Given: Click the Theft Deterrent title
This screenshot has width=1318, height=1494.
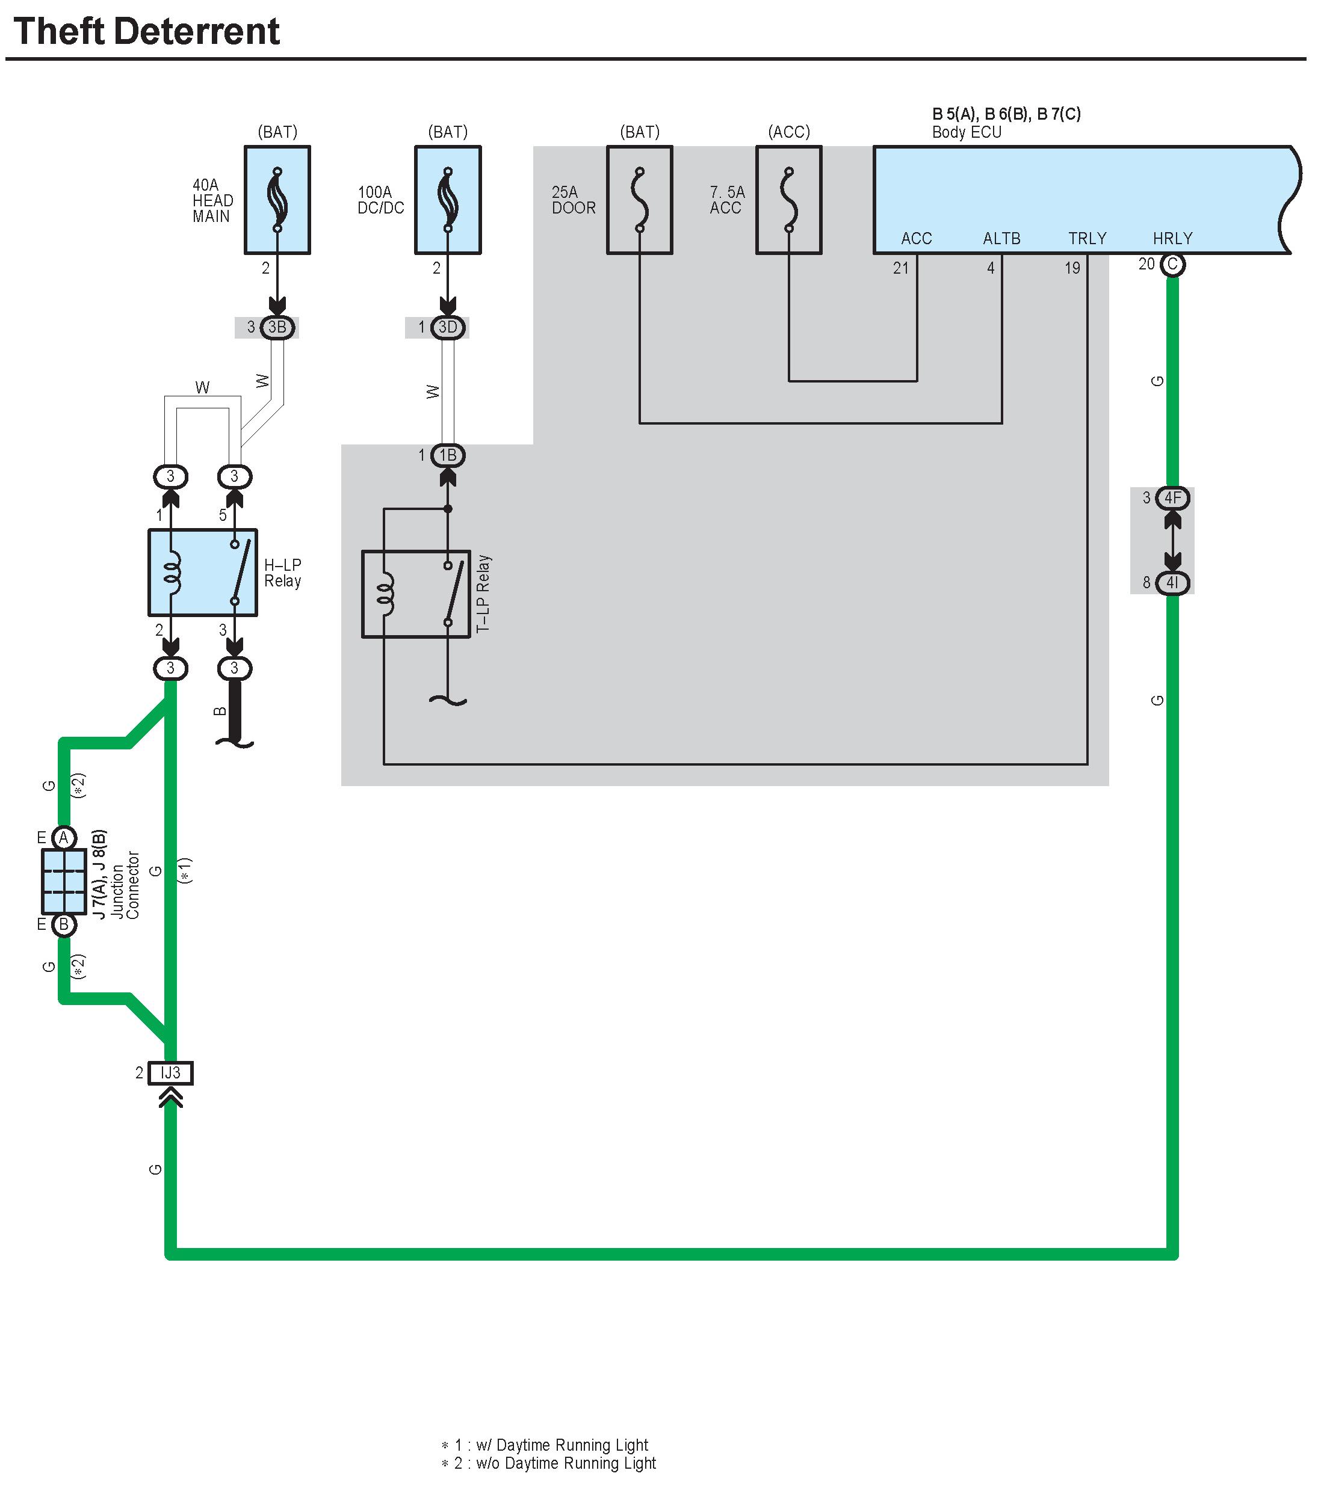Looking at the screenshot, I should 146,31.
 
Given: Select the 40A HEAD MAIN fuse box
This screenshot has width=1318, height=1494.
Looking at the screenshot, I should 277,200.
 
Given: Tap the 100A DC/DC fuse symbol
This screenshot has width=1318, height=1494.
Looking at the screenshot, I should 448,200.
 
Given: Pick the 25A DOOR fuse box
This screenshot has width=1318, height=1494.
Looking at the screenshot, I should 639,200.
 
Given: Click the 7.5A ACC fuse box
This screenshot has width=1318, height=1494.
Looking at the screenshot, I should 788,200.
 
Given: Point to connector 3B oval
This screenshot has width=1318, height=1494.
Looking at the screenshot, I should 277,327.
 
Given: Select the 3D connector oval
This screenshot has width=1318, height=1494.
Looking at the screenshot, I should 448,327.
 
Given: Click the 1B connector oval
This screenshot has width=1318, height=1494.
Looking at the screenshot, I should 448,455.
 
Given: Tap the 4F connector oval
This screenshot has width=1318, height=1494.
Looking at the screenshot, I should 1172,498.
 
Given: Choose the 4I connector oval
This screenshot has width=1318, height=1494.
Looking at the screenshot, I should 1172,583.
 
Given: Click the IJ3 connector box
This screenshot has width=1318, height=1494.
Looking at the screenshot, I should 170,1073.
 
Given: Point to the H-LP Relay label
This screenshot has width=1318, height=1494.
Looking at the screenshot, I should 282,573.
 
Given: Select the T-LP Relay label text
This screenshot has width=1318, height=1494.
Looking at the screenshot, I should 483,594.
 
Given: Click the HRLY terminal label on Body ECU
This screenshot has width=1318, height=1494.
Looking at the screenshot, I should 1172,238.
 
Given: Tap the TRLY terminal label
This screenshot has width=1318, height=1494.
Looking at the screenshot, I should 1087,238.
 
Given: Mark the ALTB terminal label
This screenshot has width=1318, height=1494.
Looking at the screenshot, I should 1001,238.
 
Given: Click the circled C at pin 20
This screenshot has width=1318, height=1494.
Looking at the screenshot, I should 1172,264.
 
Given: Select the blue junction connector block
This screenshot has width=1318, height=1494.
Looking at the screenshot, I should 64,882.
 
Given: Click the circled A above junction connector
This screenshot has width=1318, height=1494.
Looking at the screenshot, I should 64,838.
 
